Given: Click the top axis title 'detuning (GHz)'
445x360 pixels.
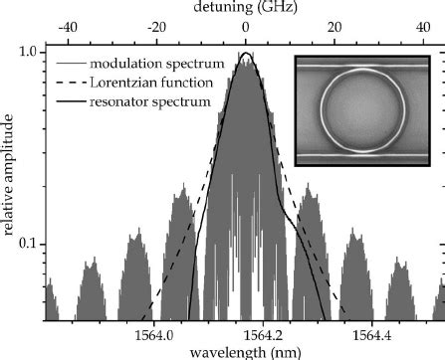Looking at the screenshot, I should (244, 8).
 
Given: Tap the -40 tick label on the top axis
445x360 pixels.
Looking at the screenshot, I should (66, 27).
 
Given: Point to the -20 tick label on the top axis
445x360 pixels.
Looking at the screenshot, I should (155, 27).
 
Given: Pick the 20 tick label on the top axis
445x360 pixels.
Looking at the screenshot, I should (334, 27).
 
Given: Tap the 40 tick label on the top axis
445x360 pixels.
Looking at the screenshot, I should (423, 27).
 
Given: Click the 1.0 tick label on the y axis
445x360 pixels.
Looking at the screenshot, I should (29, 50).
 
